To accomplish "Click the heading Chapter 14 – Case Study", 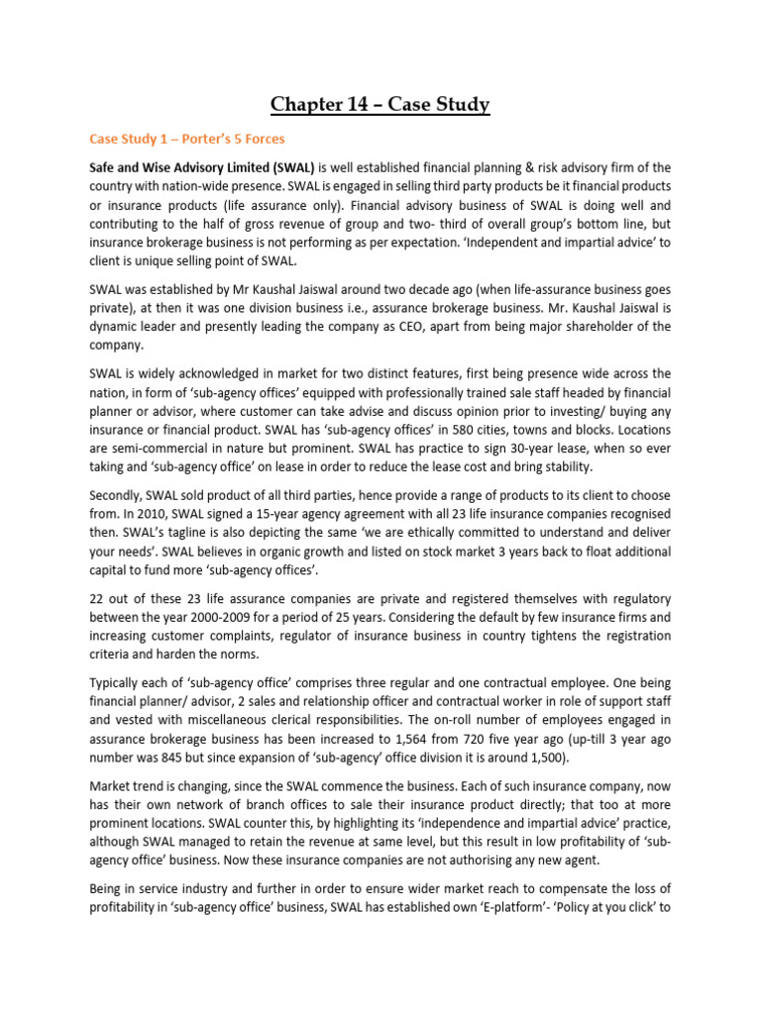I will [x=380, y=104].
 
